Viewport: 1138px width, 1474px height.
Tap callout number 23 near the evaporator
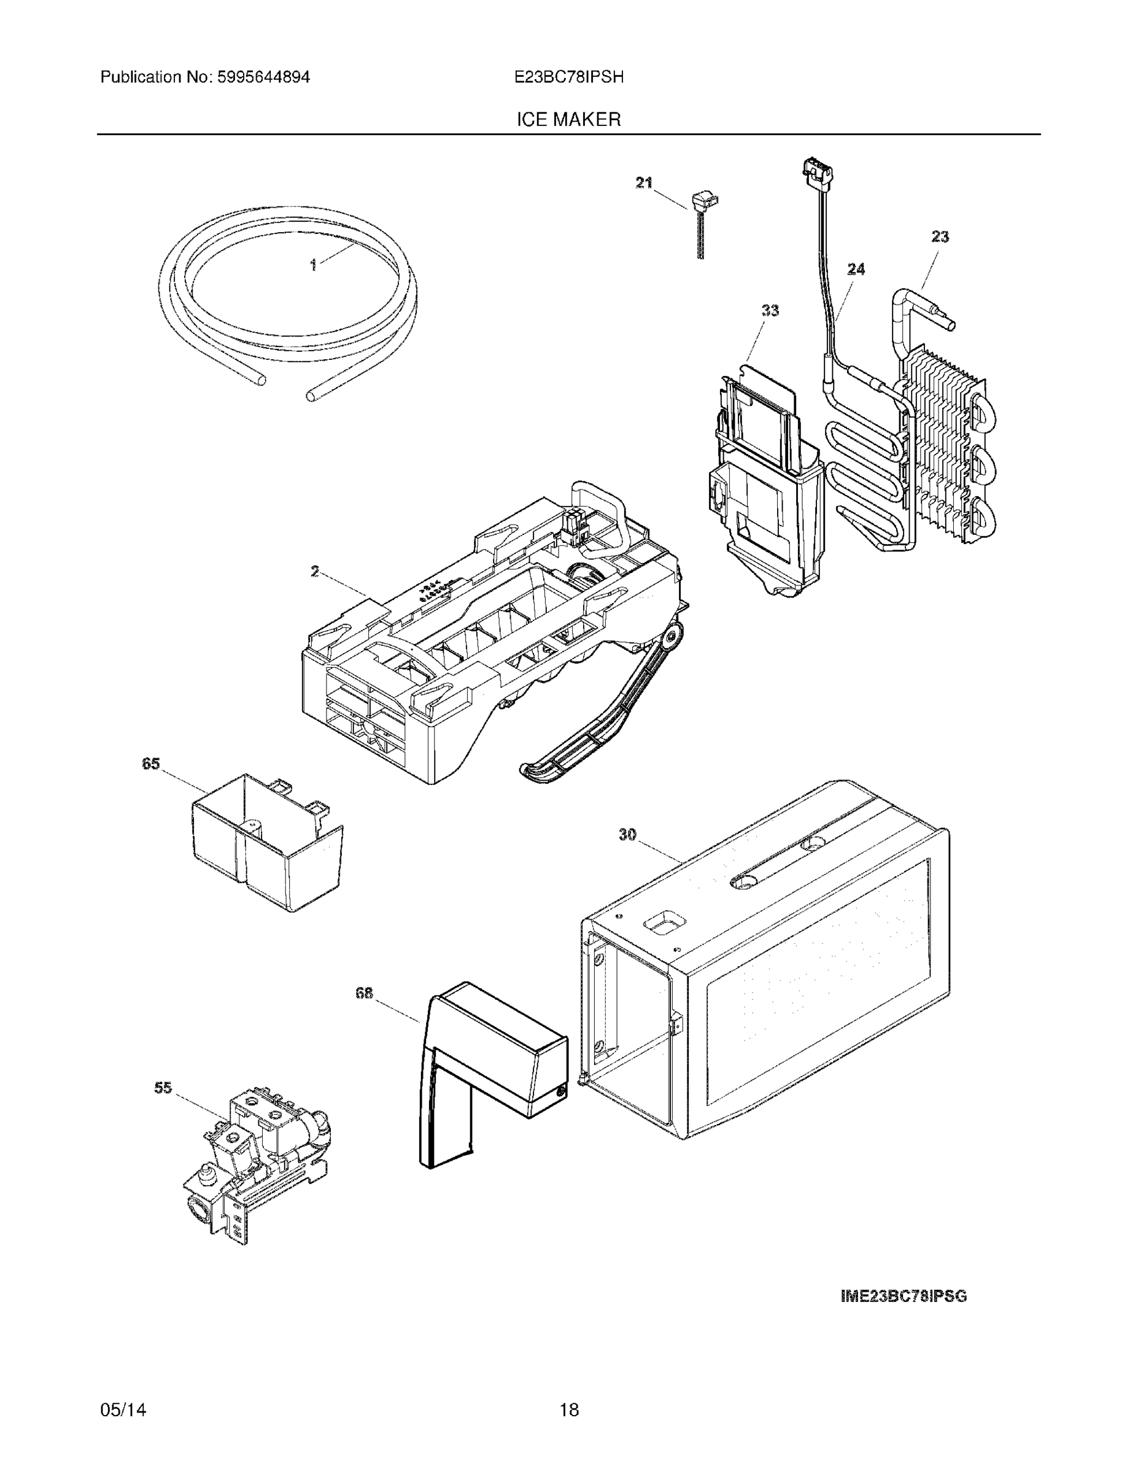[940, 237]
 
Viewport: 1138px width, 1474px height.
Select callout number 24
[856, 269]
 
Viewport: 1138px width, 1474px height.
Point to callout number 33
[770, 310]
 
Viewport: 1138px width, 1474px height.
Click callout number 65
[150, 763]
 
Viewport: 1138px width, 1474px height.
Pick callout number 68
[364, 992]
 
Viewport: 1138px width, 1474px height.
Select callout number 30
[627, 835]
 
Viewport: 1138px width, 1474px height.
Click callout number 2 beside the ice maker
[315, 572]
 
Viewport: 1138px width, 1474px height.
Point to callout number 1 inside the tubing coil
[313, 266]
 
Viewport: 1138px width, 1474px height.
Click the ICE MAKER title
[568, 120]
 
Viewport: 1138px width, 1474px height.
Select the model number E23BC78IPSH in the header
[568, 77]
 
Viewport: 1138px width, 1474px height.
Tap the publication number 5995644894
[264, 77]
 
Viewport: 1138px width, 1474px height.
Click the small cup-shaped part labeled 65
[266, 844]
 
